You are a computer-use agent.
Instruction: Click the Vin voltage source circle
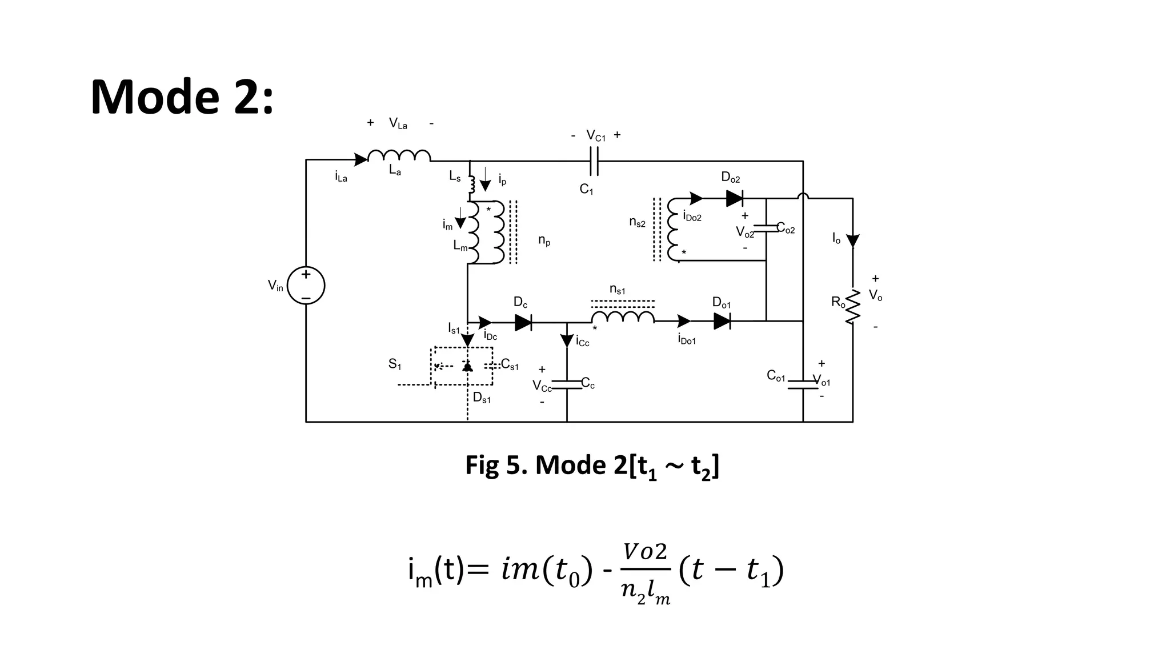click(x=306, y=286)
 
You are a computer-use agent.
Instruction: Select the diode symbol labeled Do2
click(x=735, y=198)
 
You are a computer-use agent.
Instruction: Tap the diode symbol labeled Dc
click(x=523, y=322)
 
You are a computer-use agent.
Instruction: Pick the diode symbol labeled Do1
click(x=722, y=321)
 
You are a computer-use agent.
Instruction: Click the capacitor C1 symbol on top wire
click(x=594, y=161)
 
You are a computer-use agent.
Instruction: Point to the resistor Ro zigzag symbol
click(x=852, y=306)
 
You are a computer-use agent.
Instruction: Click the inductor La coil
click(x=399, y=156)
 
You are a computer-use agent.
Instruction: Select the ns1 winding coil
click(x=623, y=316)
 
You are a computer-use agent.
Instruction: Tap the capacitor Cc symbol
click(x=567, y=384)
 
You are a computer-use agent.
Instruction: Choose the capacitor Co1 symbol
click(x=803, y=384)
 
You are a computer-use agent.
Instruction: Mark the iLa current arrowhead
click(x=360, y=160)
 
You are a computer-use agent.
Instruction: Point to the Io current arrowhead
click(x=852, y=240)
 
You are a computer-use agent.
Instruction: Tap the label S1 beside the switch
click(x=395, y=364)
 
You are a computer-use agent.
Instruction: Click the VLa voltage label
click(x=398, y=123)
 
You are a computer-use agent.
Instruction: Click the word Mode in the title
click(x=154, y=97)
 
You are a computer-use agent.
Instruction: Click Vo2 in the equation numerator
click(x=645, y=552)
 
